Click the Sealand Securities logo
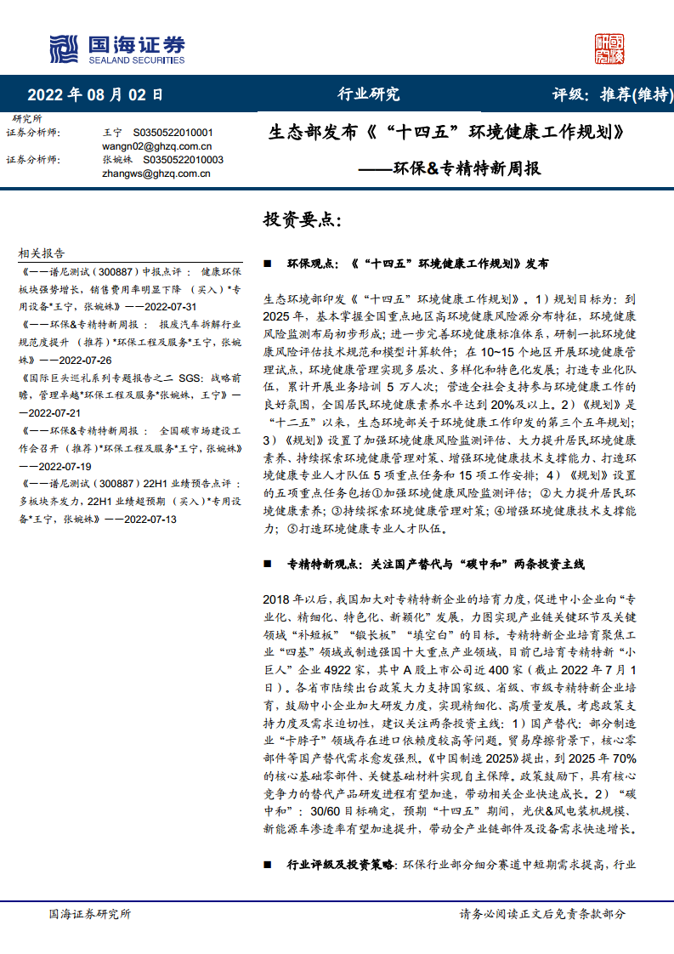click(x=116, y=49)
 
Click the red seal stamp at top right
click(x=609, y=49)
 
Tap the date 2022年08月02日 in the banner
click(x=94, y=94)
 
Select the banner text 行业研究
click(x=369, y=94)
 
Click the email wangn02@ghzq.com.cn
click(x=156, y=146)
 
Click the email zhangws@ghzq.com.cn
click(x=156, y=173)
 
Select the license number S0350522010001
click(x=173, y=133)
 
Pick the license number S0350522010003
click(x=183, y=160)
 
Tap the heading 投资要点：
click(x=303, y=220)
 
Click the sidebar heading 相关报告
click(x=42, y=253)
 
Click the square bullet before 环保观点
click(x=268, y=264)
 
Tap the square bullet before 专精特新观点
click(x=268, y=565)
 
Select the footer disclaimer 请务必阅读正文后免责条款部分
click(x=542, y=914)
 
